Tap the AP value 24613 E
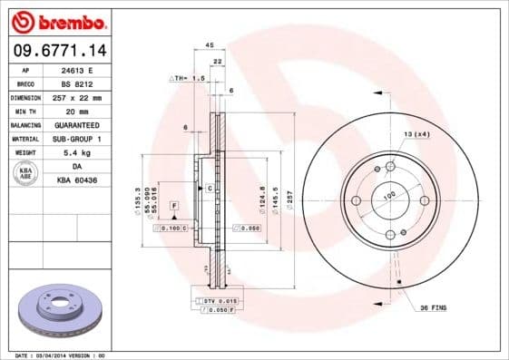[x=86, y=69]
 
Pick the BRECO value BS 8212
[x=86, y=83]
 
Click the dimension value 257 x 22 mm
[x=86, y=96]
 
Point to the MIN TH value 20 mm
[x=86, y=110]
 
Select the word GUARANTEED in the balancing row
[x=86, y=123]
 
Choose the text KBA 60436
[x=86, y=180]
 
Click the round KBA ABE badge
[x=24, y=172]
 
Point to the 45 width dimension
[x=209, y=44]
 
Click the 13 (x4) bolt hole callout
[x=416, y=133]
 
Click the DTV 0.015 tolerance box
[x=217, y=299]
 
